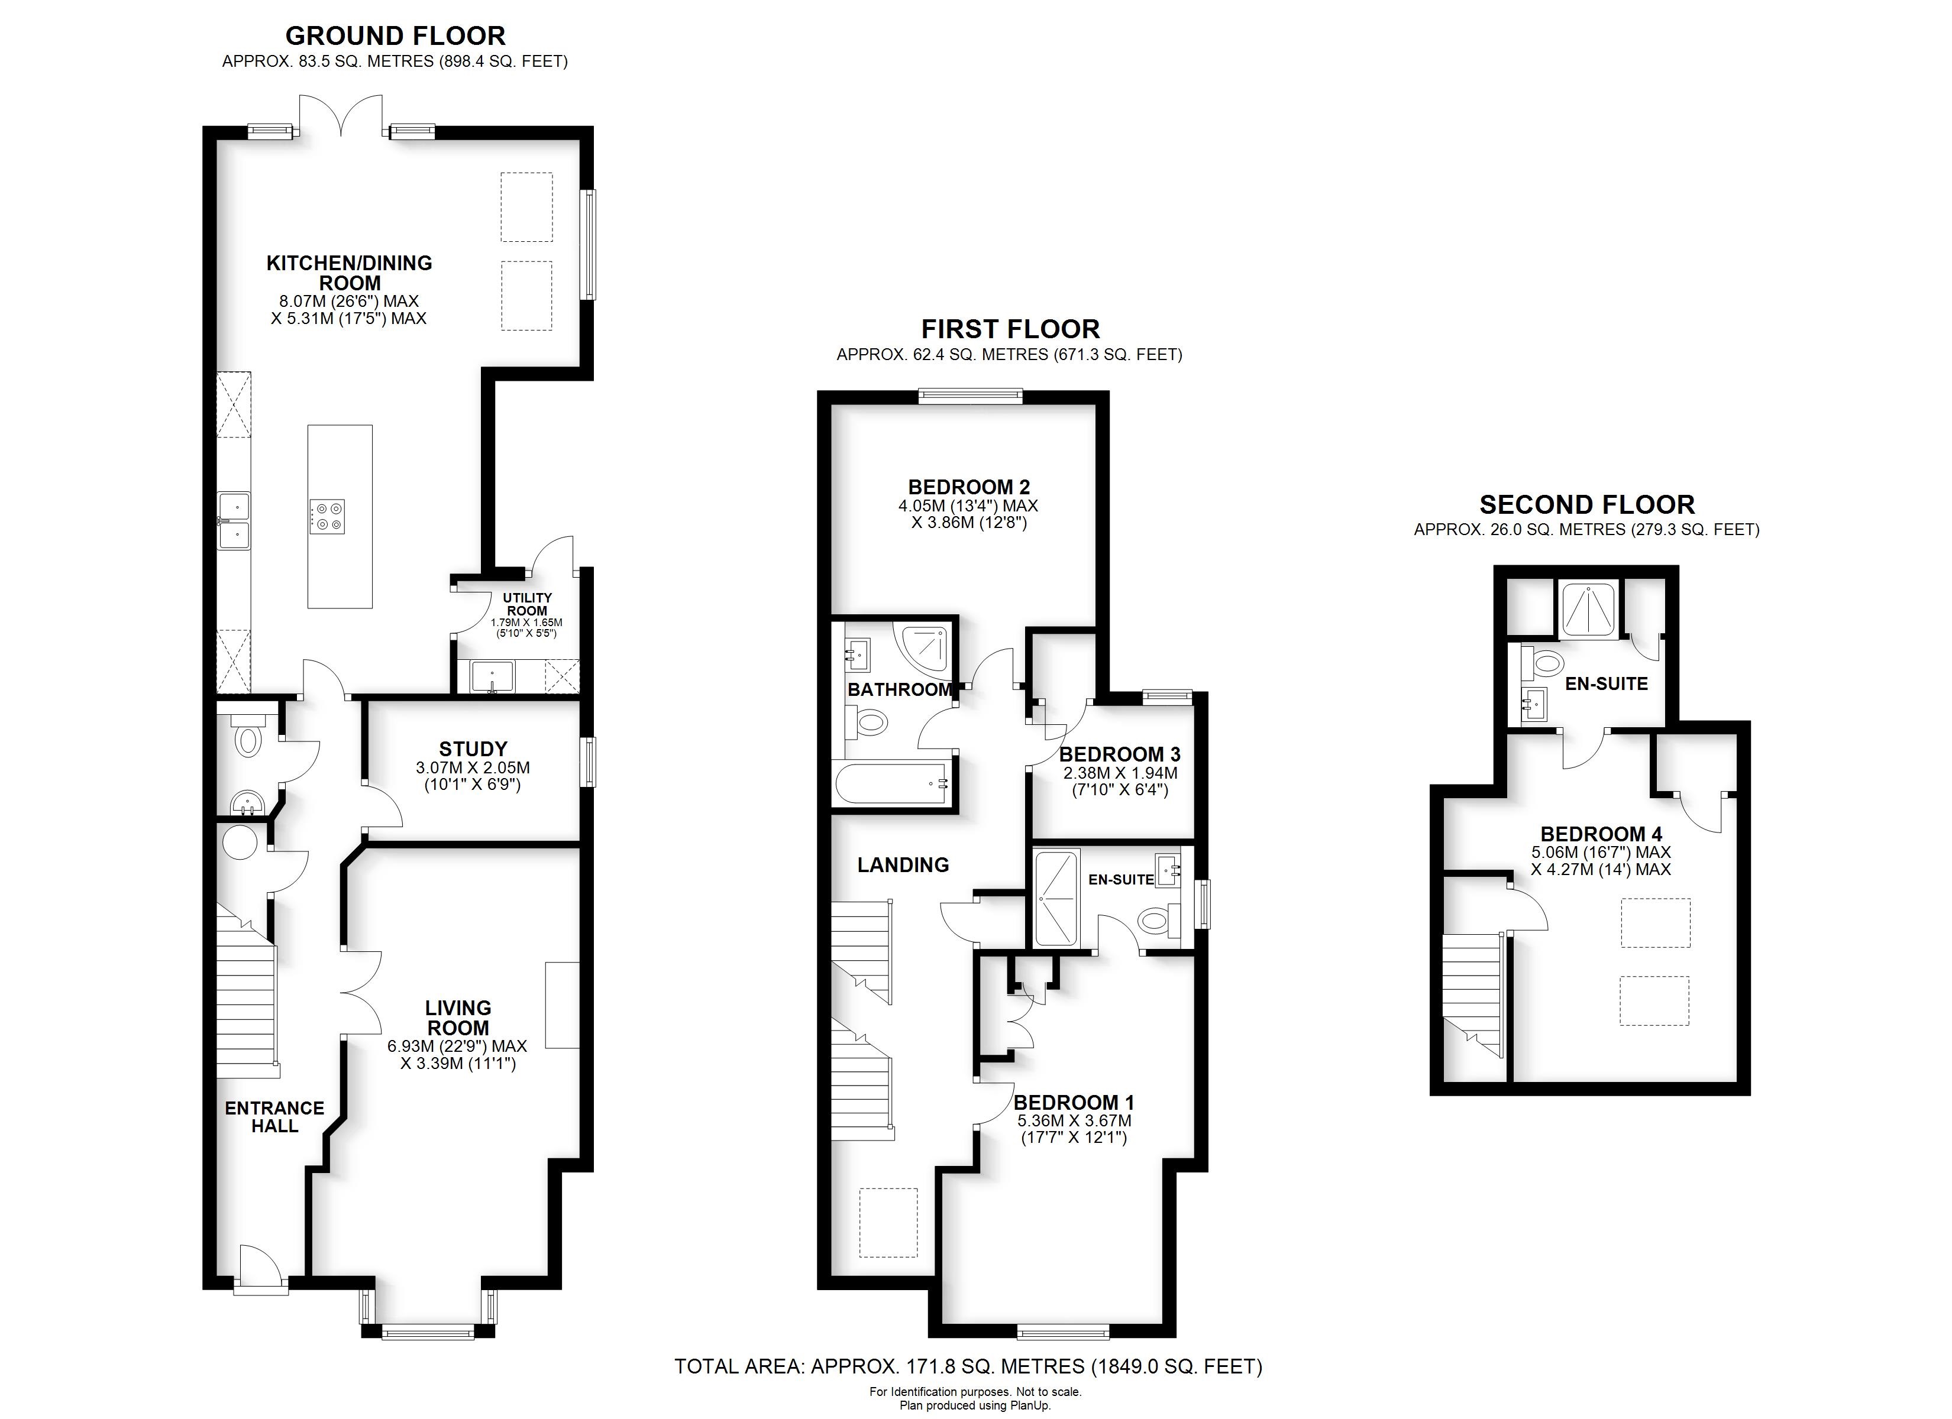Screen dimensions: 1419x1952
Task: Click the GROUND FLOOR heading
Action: pyautogui.click(x=395, y=36)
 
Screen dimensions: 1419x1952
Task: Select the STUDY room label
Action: pyautogui.click(x=473, y=749)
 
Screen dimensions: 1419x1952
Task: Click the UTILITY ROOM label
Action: pyautogui.click(x=526, y=604)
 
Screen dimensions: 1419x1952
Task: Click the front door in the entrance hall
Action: pyautogui.click(x=261, y=1266)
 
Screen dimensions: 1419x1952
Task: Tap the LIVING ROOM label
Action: pyautogui.click(x=458, y=1017)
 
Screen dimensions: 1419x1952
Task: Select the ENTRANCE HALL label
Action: pyautogui.click(x=274, y=1117)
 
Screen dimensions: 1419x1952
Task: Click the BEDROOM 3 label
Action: pyautogui.click(x=1119, y=754)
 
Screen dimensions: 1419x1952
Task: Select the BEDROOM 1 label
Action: pyautogui.click(x=1073, y=1102)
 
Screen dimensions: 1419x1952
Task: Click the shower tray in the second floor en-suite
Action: pyautogui.click(x=1588, y=609)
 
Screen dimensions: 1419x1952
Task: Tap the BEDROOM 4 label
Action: pyautogui.click(x=1600, y=834)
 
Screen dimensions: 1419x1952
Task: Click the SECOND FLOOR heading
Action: pyautogui.click(x=1586, y=504)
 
